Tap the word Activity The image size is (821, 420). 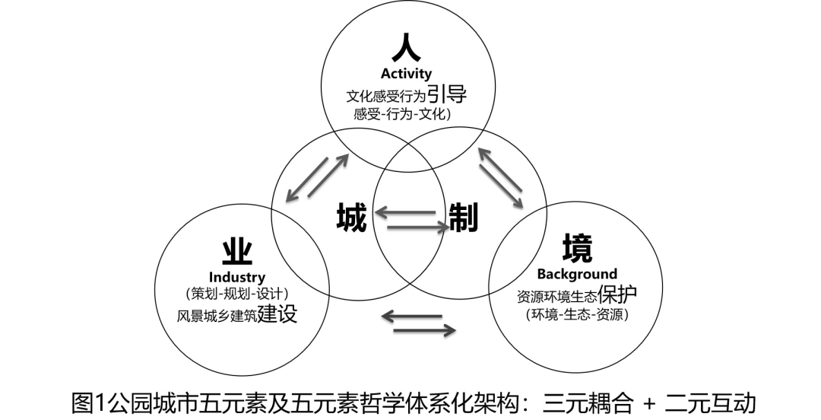point(406,74)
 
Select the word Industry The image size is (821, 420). point(237,277)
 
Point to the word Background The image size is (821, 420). point(577,274)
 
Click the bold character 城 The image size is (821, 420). point(351,218)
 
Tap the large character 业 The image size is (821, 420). point(237,250)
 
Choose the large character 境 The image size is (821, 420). point(577,247)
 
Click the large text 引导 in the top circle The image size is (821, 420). point(446,94)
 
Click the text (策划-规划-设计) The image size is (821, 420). point(237,294)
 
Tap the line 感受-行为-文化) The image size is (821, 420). point(403,114)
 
